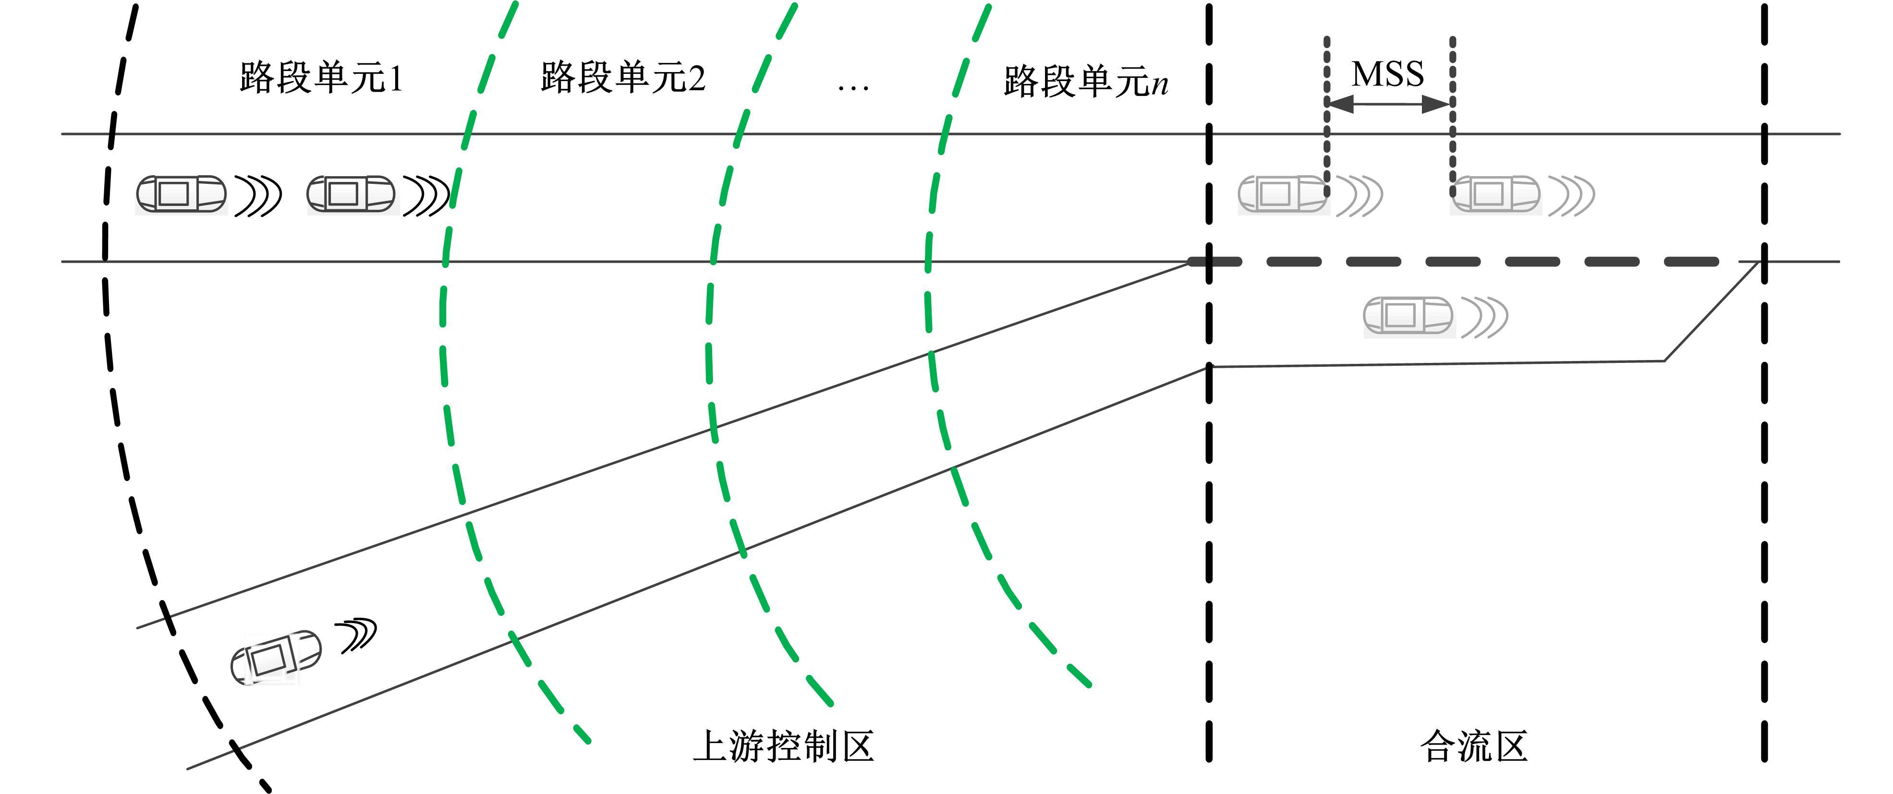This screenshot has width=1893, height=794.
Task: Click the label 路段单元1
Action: pyautogui.click(x=321, y=77)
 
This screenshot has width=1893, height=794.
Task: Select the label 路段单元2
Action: pyautogui.click(x=622, y=77)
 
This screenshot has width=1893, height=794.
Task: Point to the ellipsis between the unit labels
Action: pyautogui.click(x=852, y=87)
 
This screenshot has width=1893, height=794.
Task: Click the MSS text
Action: pyautogui.click(x=1387, y=74)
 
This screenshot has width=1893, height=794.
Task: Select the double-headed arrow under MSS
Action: pyautogui.click(x=1389, y=104)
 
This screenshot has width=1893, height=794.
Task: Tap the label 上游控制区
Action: pyautogui.click(x=783, y=746)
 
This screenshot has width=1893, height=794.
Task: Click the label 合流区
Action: pyautogui.click(x=1473, y=746)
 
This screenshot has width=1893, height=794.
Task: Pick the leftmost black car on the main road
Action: pyautogui.click(x=181, y=194)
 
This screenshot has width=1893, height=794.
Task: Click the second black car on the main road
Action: pyautogui.click(x=351, y=194)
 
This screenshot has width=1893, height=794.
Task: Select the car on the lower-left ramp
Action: pyautogui.click(x=276, y=657)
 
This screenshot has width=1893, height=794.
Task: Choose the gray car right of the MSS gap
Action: pyautogui.click(x=1495, y=194)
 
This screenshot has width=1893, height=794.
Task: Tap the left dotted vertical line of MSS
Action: pyautogui.click(x=1326, y=118)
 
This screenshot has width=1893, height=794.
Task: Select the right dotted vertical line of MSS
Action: pyautogui.click(x=1453, y=118)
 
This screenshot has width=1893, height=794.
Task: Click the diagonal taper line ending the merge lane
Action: pyautogui.click(x=1712, y=312)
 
